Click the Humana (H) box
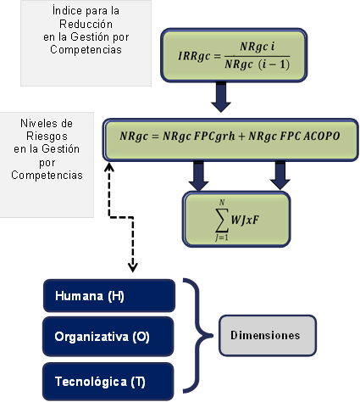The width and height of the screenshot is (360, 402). (x=109, y=296)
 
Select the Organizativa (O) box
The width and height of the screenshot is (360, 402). (x=108, y=337)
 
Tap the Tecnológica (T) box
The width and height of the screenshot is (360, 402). (x=108, y=382)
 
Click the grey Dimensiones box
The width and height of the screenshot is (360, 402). (x=268, y=335)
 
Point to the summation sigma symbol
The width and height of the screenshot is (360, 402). (x=221, y=220)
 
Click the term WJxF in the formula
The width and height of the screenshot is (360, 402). (x=245, y=220)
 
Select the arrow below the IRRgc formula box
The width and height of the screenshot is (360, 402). (x=221, y=97)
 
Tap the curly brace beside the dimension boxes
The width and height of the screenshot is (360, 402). (x=198, y=336)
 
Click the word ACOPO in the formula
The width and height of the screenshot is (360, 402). (x=322, y=136)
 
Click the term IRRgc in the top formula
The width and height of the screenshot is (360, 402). (x=194, y=56)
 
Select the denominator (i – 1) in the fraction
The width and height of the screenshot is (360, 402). (x=274, y=64)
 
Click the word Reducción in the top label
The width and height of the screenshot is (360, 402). (x=86, y=24)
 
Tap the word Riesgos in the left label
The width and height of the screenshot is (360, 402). (x=47, y=137)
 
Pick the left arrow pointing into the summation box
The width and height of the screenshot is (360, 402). (x=198, y=176)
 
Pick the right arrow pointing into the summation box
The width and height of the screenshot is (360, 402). (x=280, y=176)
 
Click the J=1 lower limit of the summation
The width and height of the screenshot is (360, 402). (x=221, y=237)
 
